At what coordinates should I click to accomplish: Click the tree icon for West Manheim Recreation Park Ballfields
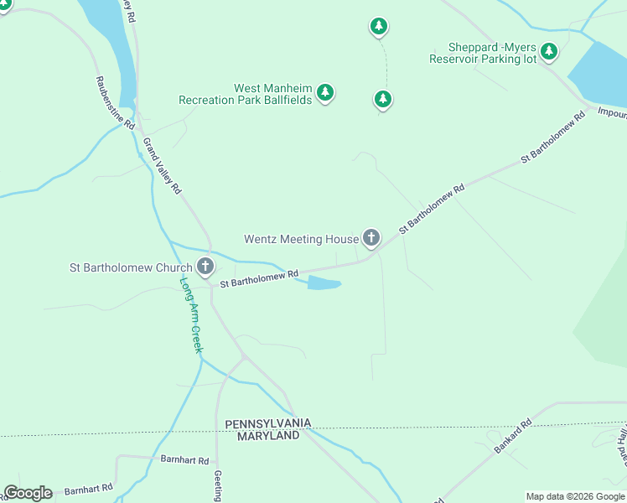tap(325, 92)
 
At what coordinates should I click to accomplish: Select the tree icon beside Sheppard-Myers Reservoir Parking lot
tap(549, 52)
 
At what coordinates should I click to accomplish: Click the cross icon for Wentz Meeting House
tap(370, 238)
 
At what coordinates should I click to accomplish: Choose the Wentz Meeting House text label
tap(301, 239)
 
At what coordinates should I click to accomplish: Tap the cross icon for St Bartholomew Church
tap(205, 267)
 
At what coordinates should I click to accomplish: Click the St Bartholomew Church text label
tap(131, 268)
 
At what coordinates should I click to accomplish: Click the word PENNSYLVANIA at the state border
tap(268, 423)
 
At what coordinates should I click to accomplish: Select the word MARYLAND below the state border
tap(268, 436)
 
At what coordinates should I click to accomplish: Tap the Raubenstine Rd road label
tap(115, 103)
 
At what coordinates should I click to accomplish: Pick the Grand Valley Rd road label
tap(162, 166)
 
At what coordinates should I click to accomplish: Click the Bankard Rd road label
tap(513, 436)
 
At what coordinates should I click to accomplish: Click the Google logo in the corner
tap(28, 493)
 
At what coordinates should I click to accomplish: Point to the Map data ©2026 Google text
tap(574, 496)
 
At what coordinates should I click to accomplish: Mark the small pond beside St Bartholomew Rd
tap(324, 284)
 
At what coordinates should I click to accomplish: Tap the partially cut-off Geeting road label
tap(217, 486)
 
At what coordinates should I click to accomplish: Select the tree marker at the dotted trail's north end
tap(379, 27)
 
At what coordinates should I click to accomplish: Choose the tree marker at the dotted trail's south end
tap(383, 100)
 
